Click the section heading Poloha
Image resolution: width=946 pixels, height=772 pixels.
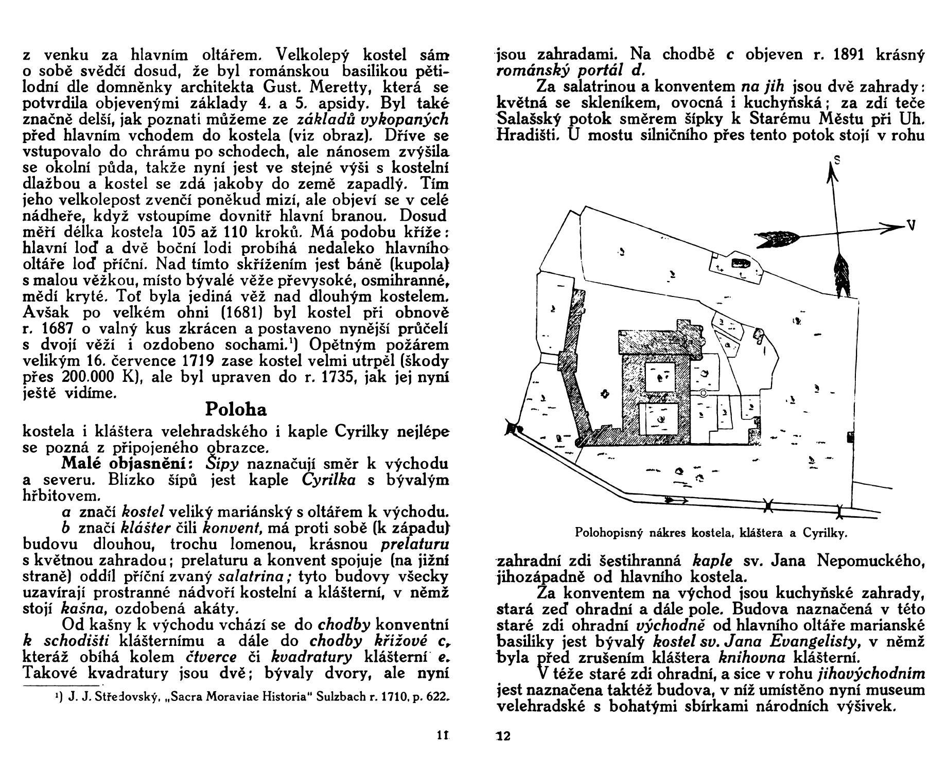[x=236, y=410]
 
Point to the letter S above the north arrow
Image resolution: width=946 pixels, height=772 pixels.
[x=837, y=160]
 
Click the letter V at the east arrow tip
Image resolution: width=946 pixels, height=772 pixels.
[x=910, y=225]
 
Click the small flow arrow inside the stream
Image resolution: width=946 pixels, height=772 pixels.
[x=677, y=500]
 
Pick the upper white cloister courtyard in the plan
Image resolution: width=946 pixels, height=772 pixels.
[x=660, y=376]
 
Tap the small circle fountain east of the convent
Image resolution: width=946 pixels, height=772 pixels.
[x=703, y=393]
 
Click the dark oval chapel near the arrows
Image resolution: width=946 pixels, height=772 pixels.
[x=742, y=263]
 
